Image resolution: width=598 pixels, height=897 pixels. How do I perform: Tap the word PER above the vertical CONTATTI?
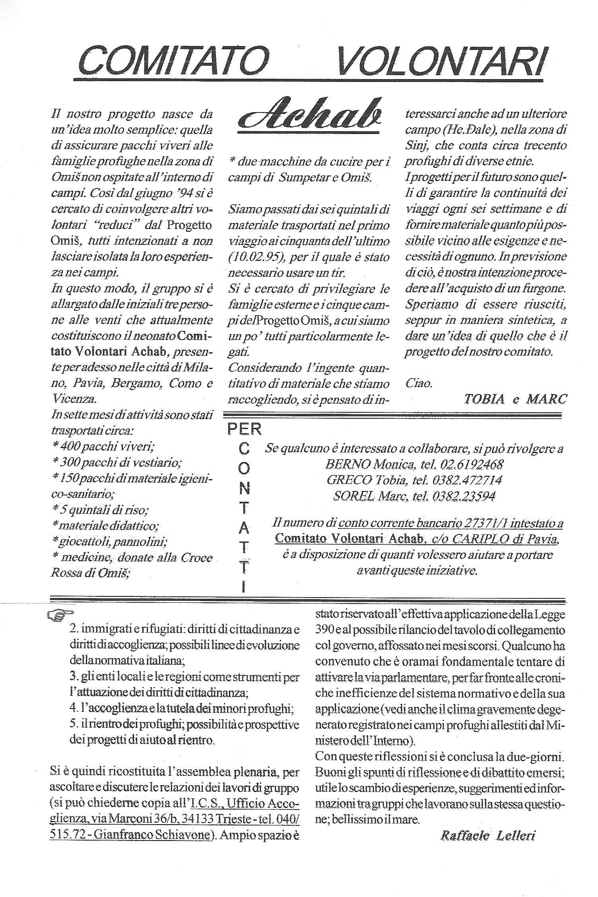pos(244,429)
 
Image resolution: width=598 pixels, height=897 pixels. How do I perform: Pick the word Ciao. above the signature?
pos(418,384)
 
